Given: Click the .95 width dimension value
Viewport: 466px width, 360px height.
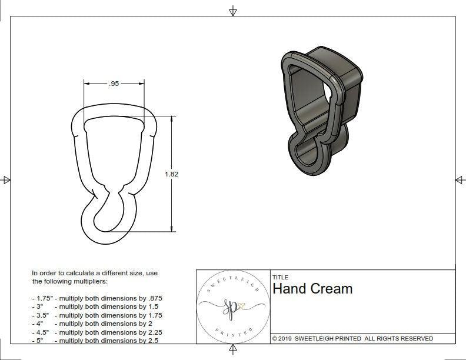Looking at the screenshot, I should (x=114, y=84).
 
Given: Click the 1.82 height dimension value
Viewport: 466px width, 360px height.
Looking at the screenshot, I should (x=172, y=174).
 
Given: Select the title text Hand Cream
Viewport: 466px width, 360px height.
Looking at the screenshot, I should (x=312, y=289).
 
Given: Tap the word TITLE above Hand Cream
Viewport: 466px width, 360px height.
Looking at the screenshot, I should (x=281, y=278).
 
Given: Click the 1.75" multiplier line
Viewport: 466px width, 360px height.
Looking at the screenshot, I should (x=97, y=298).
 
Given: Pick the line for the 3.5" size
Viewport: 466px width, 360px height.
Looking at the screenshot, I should (x=97, y=315).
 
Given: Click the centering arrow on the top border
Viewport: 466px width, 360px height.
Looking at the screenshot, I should (x=233, y=11).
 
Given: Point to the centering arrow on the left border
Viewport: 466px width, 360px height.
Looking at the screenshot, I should (x=6, y=180).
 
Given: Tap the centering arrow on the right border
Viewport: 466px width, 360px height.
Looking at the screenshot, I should (x=460, y=180).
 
